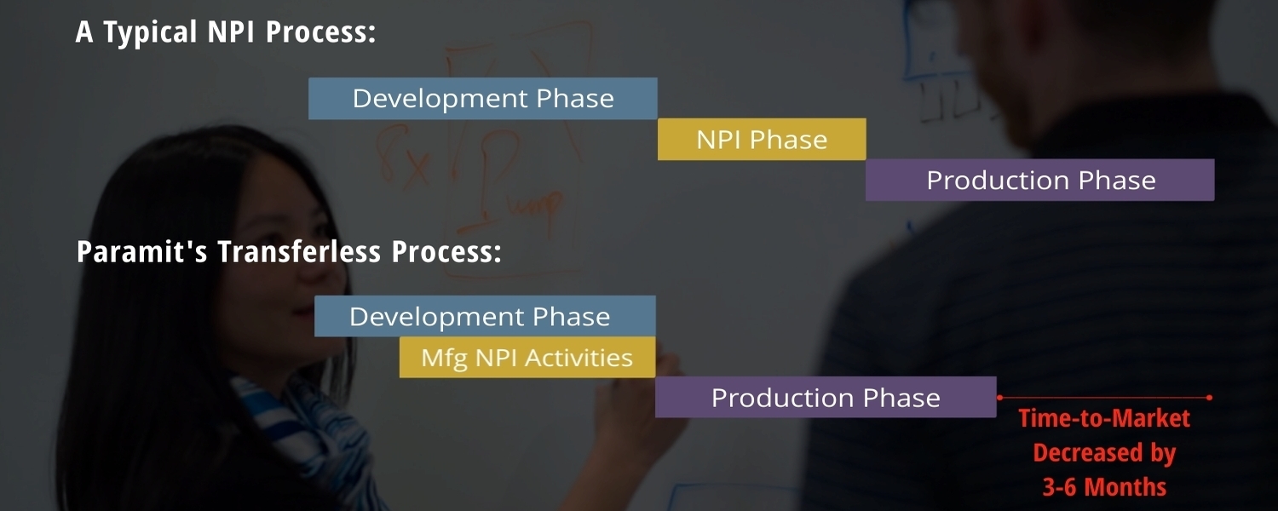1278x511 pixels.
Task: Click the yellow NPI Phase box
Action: tap(762, 139)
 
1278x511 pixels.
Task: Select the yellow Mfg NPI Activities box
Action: tap(527, 357)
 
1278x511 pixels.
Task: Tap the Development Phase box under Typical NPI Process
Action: tap(483, 99)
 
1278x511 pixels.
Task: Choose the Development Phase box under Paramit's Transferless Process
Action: tap(485, 316)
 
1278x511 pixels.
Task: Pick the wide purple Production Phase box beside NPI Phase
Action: tap(1040, 180)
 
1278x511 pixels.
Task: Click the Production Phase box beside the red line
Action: tap(826, 397)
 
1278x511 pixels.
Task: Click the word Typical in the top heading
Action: tap(150, 32)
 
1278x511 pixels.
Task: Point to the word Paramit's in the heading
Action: tap(141, 251)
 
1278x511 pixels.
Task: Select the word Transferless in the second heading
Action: tap(299, 251)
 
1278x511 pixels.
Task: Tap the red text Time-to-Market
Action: tap(1104, 418)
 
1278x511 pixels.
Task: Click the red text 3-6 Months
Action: tap(1104, 486)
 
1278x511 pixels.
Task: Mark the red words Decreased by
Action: tap(1104, 453)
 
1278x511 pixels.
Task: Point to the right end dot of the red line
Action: tap(1210, 398)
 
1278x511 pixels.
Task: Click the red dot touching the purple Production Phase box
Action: tap(999, 398)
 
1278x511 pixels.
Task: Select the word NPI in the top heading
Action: tap(231, 32)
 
